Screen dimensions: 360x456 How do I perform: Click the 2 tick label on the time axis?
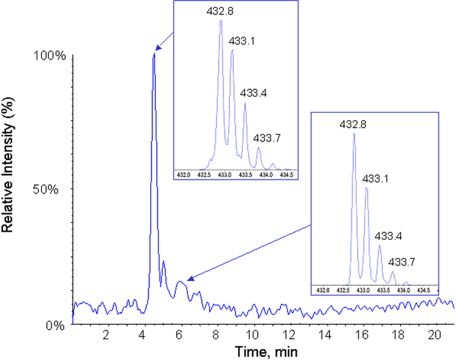click(106, 335)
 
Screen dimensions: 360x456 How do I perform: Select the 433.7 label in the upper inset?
click(267, 138)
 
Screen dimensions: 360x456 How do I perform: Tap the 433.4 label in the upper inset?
click(254, 93)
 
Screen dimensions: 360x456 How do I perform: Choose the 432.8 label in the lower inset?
click(352, 124)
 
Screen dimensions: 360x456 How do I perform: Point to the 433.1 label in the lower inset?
click(375, 179)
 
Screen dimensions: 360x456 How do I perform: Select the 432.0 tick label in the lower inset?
click(323, 289)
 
